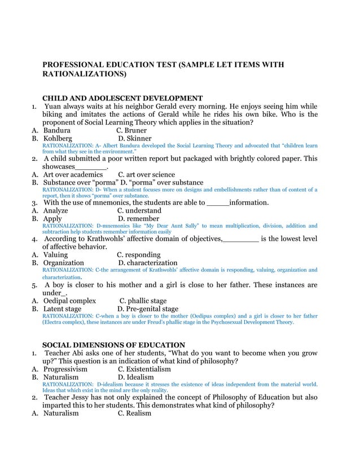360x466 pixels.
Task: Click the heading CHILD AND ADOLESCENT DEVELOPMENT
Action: (x=122, y=98)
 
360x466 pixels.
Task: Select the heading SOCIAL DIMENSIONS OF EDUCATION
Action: (x=113, y=345)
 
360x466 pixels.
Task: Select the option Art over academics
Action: (x=73, y=175)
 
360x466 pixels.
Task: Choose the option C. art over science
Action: (x=146, y=175)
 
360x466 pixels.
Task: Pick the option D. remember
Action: (x=138, y=218)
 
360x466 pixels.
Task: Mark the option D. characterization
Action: (x=147, y=263)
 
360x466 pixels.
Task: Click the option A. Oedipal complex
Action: (x=69, y=301)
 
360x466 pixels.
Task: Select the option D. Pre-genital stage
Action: (x=147, y=309)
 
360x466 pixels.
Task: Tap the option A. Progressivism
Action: (x=65, y=369)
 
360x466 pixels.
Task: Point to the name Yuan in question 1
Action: (x=54, y=106)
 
